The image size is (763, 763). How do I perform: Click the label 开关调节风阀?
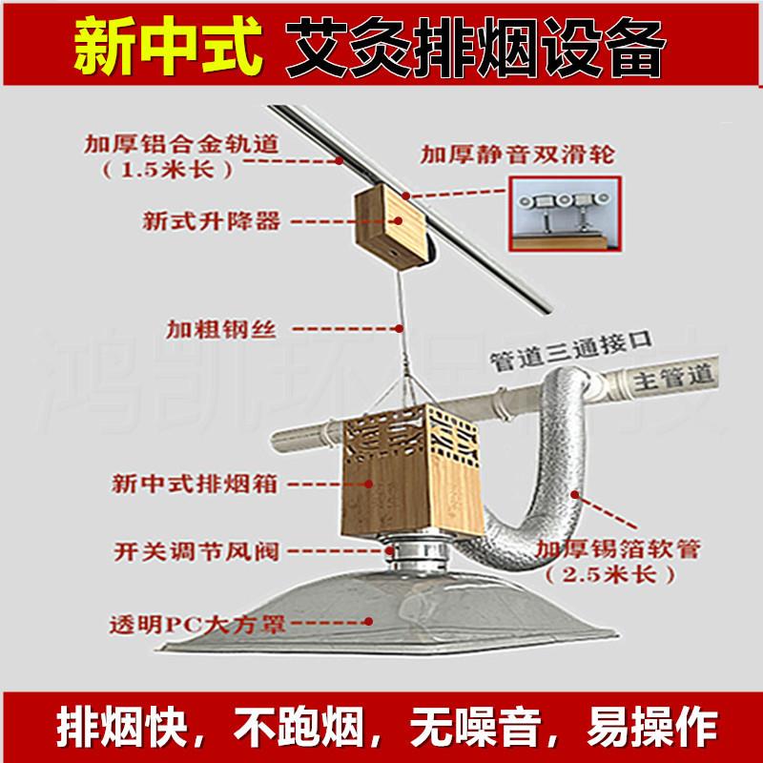click(194, 550)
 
